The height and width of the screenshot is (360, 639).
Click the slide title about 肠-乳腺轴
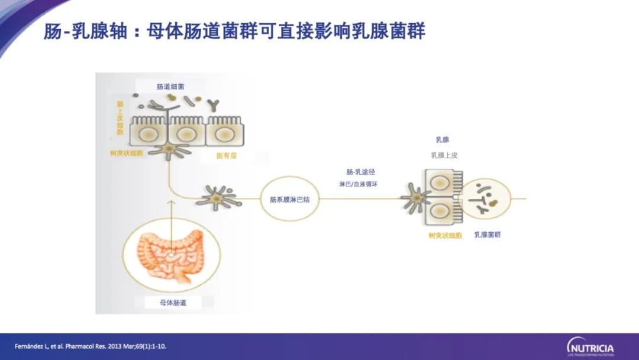(234, 31)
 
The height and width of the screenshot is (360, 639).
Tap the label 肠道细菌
(170, 86)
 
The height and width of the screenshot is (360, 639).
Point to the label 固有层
(227, 156)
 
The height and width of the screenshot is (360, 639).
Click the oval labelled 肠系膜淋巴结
(290, 200)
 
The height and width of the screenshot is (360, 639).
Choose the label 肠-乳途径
(361, 172)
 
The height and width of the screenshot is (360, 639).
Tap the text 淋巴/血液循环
(359, 184)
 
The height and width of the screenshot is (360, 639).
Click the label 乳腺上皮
(444, 155)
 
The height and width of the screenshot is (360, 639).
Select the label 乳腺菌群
(488, 235)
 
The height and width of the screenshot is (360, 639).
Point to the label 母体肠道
(173, 303)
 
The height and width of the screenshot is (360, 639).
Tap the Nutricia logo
(590, 347)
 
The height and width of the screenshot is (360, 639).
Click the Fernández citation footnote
(91, 346)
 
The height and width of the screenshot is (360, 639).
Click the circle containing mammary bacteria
(486, 198)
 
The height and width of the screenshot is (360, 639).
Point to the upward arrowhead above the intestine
(172, 202)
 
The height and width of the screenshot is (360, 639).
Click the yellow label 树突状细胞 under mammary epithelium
(446, 235)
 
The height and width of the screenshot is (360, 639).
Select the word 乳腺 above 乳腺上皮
(443, 140)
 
